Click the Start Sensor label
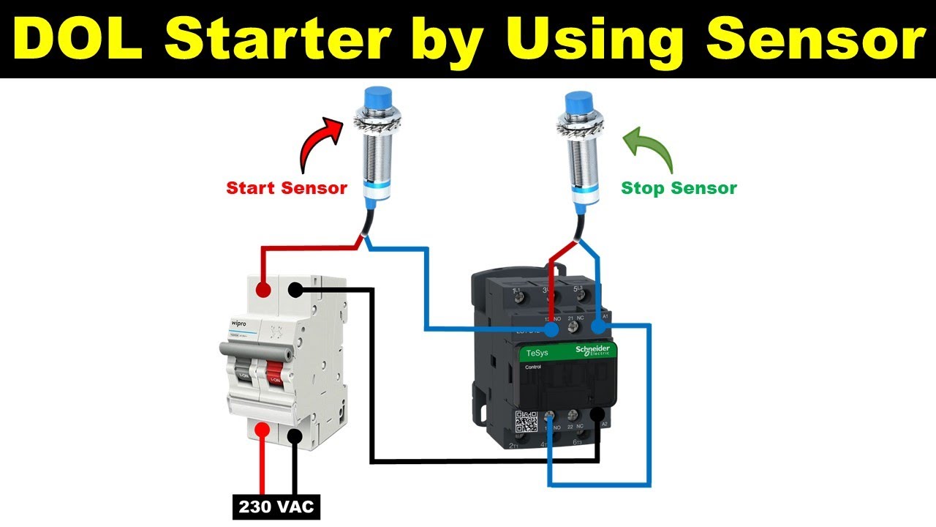[287, 188]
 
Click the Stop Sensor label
[679, 188]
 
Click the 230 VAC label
[276, 507]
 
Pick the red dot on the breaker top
[262, 291]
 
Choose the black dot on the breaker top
[295, 291]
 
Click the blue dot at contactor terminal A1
[600, 326]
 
